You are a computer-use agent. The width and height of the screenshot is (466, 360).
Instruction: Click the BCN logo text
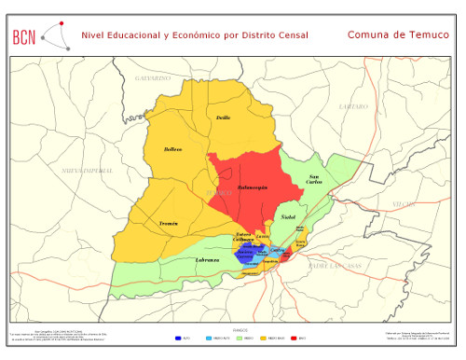(25, 37)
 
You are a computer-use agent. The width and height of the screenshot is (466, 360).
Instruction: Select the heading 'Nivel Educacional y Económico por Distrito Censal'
(195, 35)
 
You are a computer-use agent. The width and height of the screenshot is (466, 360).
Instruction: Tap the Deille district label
(223, 118)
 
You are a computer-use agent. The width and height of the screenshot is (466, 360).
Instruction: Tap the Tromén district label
(169, 224)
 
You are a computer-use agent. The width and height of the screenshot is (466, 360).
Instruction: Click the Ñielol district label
(288, 215)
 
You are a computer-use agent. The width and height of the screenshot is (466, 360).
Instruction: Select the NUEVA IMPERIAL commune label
(88, 172)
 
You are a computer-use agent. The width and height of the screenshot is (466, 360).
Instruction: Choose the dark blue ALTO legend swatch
(178, 338)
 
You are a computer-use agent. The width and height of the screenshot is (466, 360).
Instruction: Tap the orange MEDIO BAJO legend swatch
(264, 338)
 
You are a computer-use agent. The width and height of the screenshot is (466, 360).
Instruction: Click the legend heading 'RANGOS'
(240, 329)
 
